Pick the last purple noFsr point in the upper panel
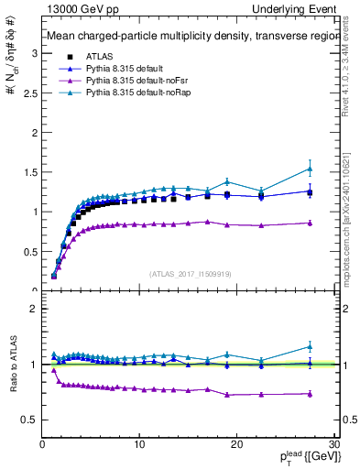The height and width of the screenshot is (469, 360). (310, 223)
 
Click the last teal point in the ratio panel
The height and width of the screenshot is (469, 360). (310, 346)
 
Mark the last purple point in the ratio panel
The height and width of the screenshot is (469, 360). (310, 394)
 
